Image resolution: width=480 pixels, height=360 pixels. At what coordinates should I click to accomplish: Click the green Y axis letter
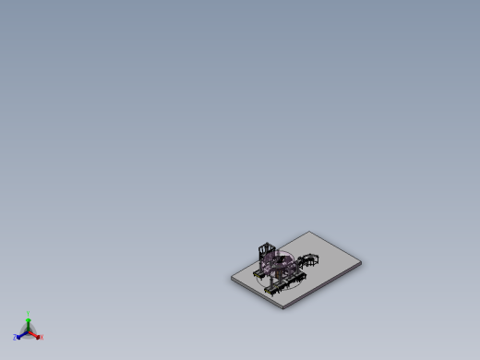click(x=29, y=314)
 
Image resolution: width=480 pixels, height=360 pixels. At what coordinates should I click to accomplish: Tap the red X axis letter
click(x=42, y=338)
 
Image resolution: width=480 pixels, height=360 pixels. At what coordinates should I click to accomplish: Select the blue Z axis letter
click(x=15, y=338)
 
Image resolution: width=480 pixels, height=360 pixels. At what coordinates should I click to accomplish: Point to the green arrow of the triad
click(x=28, y=322)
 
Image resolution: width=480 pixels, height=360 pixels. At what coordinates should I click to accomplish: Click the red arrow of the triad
click(x=35, y=335)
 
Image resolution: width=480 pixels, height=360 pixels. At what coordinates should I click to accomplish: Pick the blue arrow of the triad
click(x=20, y=335)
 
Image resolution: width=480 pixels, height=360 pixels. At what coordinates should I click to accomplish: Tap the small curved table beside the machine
click(x=309, y=258)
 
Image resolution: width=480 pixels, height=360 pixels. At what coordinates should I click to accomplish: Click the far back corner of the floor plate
click(x=310, y=232)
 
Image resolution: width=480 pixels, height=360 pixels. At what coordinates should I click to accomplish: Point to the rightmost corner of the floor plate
click(x=360, y=262)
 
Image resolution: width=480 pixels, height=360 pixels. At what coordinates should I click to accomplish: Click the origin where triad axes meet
click(x=28, y=331)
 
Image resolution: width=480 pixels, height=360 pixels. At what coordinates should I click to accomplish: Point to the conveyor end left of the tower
click(x=256, y=275)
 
